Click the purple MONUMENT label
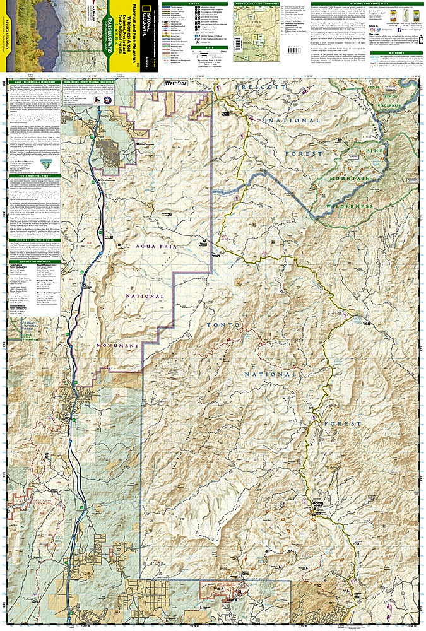(118, 346)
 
